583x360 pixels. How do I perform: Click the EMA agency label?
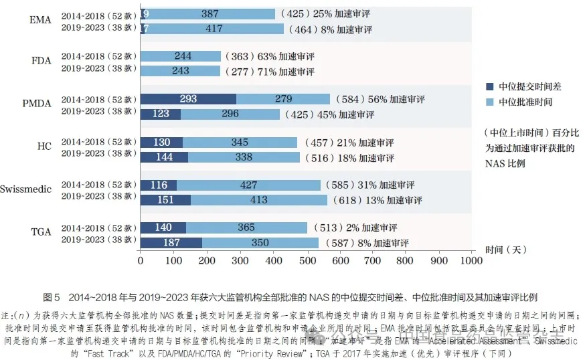tap(40, 21)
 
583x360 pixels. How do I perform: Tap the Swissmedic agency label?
tap(26, 189)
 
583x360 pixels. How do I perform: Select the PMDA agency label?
tap(37, 105)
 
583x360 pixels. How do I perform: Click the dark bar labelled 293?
tap(188, 99)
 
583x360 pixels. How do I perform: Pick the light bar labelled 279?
tap(283, 99)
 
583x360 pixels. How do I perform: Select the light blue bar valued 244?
tap(181, 56)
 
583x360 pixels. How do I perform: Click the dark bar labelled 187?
tap(171, 242)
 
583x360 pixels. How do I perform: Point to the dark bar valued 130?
tap(161, 142)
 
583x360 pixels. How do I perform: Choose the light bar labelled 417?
tap(214, 29)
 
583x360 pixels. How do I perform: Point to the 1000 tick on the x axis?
tap(472, 260)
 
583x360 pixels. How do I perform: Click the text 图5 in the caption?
tap(52, 297)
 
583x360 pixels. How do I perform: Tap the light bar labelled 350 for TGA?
tap(260, 242)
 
